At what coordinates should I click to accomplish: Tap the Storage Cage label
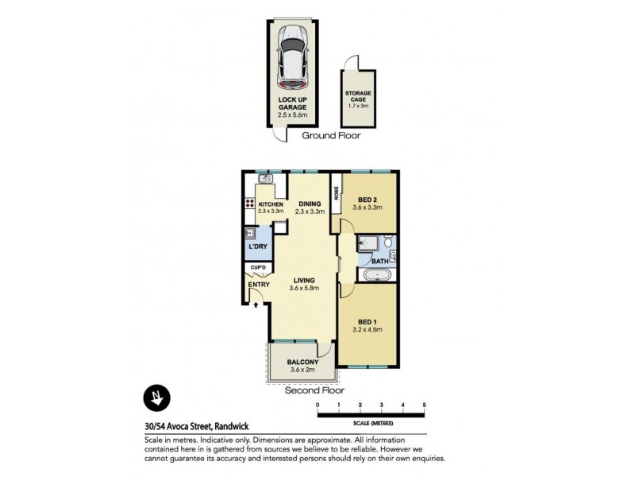click(x=357, y=95)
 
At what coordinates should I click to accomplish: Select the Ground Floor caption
click(x=331, y=136)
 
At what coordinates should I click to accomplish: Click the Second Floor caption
click(x=315, y=390)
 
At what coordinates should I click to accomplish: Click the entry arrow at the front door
click(x=256, y=301)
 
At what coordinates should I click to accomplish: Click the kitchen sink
click(x=265, y=180)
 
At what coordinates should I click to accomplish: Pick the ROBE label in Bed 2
click(x=337, y=192)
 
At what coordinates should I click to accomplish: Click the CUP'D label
click(x=257, y=268)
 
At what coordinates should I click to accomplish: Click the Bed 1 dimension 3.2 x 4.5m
click(x=368, y=329)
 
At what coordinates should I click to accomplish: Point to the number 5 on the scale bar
click(x=425, y=405)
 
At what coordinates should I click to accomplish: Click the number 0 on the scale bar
click(x=317, y=405)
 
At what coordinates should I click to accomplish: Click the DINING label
click(x=309, y=204)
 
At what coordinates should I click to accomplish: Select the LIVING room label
click(x=304, y=280)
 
